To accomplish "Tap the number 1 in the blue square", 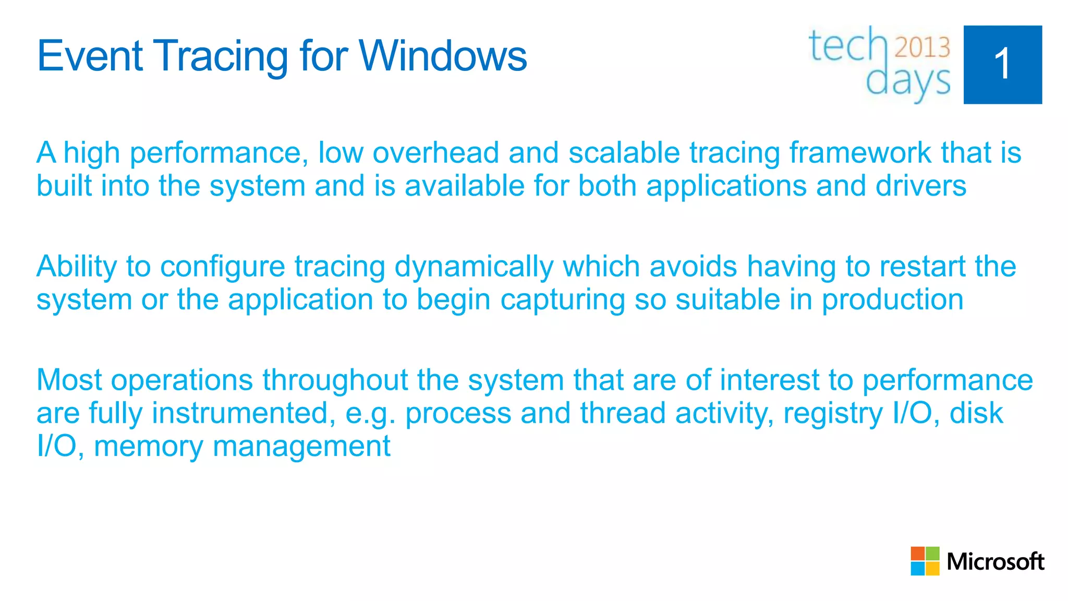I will pyautogui.click(x=1002, y=65).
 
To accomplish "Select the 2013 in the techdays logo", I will pyautogui.click(x=922, y=47).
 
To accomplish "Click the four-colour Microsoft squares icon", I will pyautogui.click(x=925, y=561).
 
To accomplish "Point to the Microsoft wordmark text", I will pyautogui.click(x=995, y=562).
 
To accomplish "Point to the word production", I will pyautogui.click(x=892, y=300).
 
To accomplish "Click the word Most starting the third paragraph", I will pyautogui.click(x=69, y=380).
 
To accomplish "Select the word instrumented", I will pyautogui.click(x=244, y=414).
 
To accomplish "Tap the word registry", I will pyautogui.click(x=833, y=414).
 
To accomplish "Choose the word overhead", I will pyautogui.click(x=435, y=153).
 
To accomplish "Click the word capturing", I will pyautogui.click(x=563, y=300).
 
